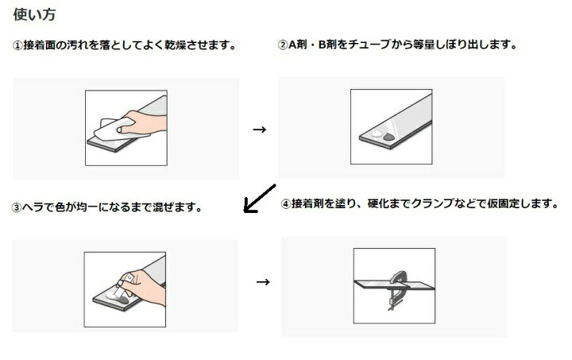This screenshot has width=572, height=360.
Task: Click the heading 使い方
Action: click(34, 14)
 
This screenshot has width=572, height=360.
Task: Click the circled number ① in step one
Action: click(17, 45)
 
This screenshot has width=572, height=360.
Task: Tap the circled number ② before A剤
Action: click(283, 45)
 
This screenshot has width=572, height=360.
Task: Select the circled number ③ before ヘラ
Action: click(17, 208)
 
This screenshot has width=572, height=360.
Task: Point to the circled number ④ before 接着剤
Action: click(286, 203)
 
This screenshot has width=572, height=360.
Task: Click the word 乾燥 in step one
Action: click(175, 45)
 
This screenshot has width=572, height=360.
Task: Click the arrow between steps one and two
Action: click(259, 130)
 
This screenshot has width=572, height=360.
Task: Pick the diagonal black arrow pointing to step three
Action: click(259, 199)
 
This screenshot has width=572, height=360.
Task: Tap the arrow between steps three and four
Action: click(263, 282)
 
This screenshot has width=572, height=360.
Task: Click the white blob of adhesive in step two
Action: click(377, 134)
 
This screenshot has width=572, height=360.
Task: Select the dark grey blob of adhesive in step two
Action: click(388, 137)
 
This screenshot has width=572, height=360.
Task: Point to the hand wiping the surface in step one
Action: click(144, 123)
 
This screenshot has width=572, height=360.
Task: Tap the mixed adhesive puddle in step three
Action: click(118, 298)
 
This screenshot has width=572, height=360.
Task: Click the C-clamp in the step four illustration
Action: click(397, 290)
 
